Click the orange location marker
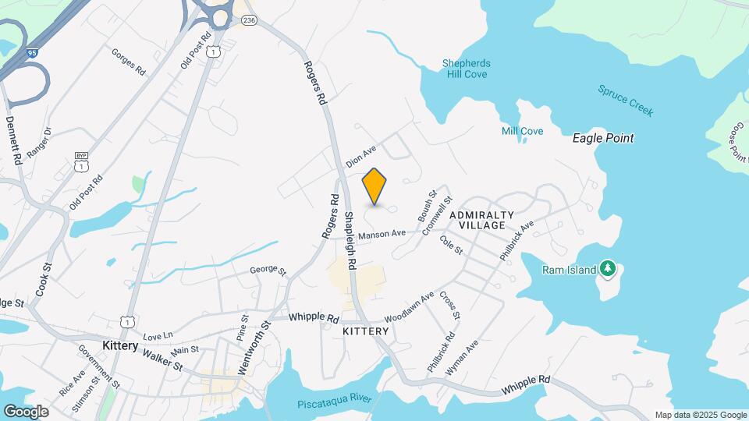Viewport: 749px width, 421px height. [x=374, y=186]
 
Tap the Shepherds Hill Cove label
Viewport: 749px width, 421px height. [x=465, y=69]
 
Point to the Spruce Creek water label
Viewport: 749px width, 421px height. [x=625, y=100]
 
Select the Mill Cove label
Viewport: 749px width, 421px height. [x=522, y=131]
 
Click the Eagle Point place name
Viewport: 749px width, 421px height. [x=603, y=138]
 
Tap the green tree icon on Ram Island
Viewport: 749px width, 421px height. [x=607, y=269]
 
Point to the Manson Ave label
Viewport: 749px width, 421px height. [x=382, y=233]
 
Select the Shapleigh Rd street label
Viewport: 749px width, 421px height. [x=350, y=241]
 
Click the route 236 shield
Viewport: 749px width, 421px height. [x=249, y=21]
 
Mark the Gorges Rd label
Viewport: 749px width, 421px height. [x=129, y=62]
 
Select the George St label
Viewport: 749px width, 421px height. [x=268, y=270]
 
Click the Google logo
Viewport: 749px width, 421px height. [x=26, y=411]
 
